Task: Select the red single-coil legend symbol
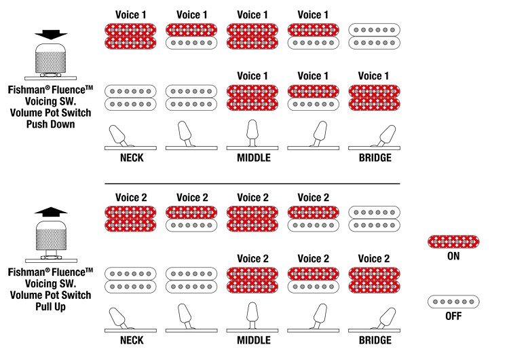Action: pyautogui.click(x=455, y=241)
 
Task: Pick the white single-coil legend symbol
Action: pyautogui.click(x=455, y=300)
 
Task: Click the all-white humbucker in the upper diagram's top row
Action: pyautogui.click(x=375, y=35)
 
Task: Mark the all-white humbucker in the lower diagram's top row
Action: pyautogui.click(x=375, y=218)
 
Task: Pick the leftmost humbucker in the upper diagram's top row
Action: pyautogui.click(x=131, y=35)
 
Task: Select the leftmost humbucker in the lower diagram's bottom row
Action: pyautogui.click(x=131, y=280)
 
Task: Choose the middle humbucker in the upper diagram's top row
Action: pyautogui.click(x=252, y=35)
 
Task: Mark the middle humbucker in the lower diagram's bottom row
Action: pyautogui.click(x=252, y=280)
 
